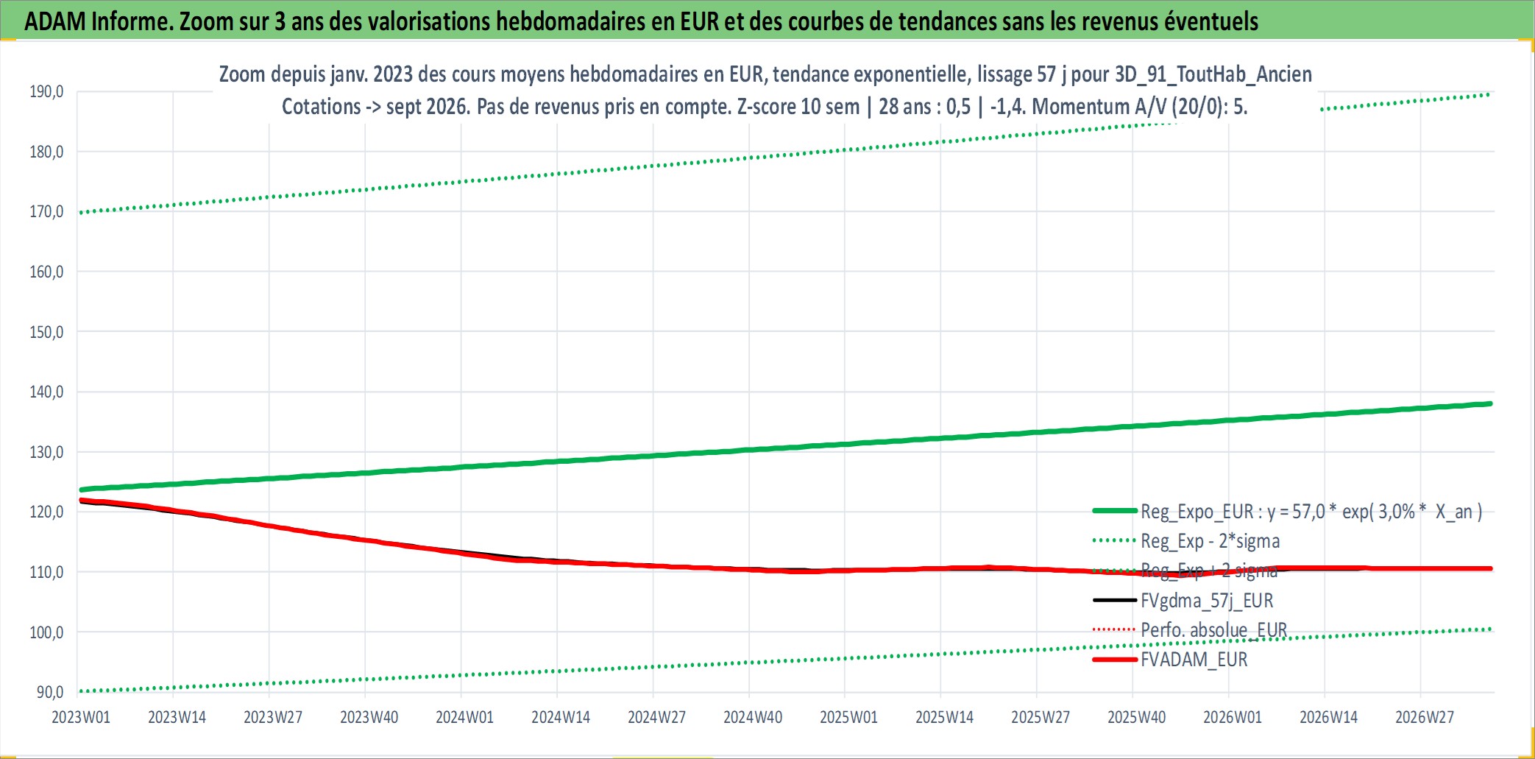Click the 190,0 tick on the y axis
click(x=46, y=91)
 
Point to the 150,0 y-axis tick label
click(x=46, y=332)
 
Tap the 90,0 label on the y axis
click(x=50, y=692)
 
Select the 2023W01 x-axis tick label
click(x=81, y=717)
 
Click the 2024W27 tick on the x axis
click(x=656, y=717)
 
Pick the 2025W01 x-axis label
click(x=848, y=717)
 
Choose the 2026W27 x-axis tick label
click(x=1425, y=717)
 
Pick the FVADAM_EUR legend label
click(x=1194, y=660)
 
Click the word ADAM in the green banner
click(x=55, y=21)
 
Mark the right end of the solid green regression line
click(x=1491, y=403)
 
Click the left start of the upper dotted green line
click(x=80, y=213)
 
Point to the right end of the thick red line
click(x=1491, y=568)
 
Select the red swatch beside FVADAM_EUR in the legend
click(x=1115, y=660)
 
